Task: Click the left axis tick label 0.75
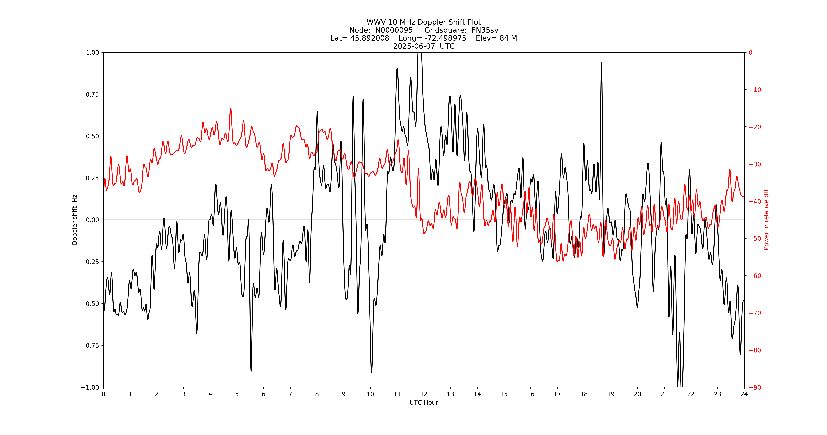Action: tap(92, 94)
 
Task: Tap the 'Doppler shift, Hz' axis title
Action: tap(75, 220)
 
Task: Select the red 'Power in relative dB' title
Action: tap(766, 220)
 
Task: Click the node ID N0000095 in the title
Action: tap(394, 30)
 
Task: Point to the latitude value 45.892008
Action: tap(370, 38)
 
